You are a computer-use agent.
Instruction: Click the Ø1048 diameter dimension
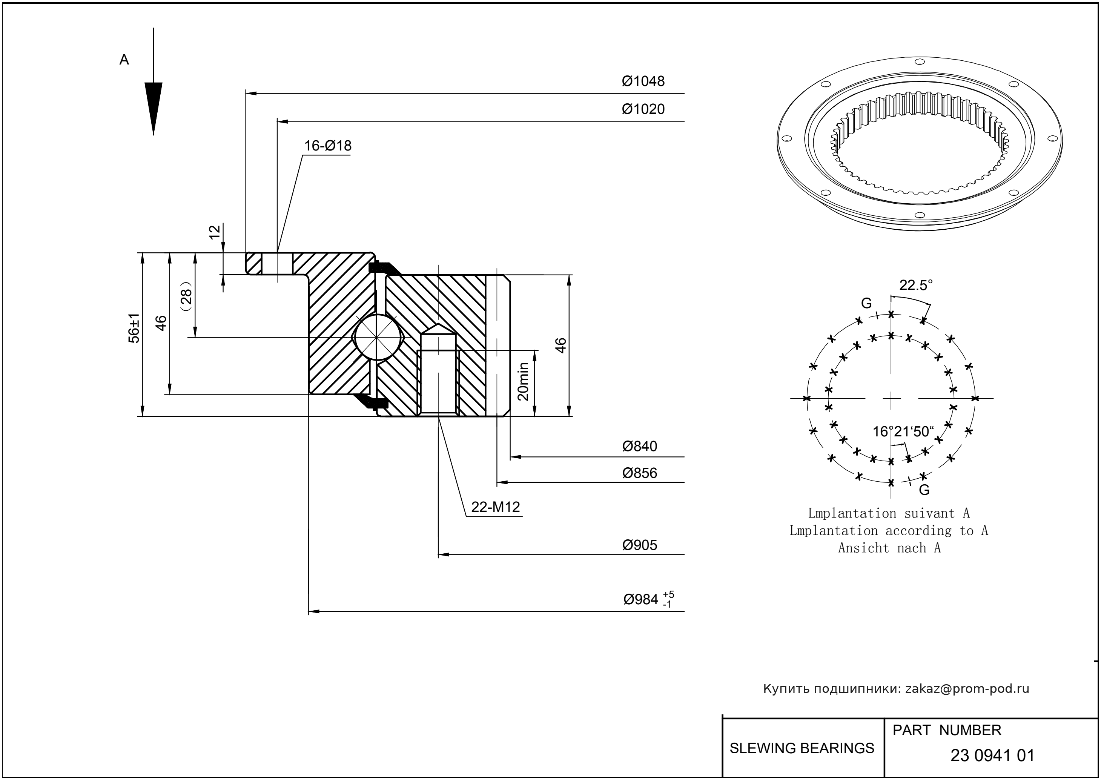click(643, 81)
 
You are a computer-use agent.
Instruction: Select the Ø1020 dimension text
click(643, 109)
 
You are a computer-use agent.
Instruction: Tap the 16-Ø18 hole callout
click(328, 146)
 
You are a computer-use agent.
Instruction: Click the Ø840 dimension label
click(639, 446)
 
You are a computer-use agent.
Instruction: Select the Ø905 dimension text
click(639, 545)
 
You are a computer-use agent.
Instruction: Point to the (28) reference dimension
click(186, 295)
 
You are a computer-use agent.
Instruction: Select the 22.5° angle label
click(915, 285)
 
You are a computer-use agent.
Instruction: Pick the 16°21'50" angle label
click(903, 431)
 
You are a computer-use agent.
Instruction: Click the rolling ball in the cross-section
click(378, 338)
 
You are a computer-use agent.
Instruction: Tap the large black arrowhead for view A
click(153, 108)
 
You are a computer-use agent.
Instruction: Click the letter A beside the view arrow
click(124, 60)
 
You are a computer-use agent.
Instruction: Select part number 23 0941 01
click(992, 755)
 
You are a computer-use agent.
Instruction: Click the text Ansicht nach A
click(889, 548)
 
